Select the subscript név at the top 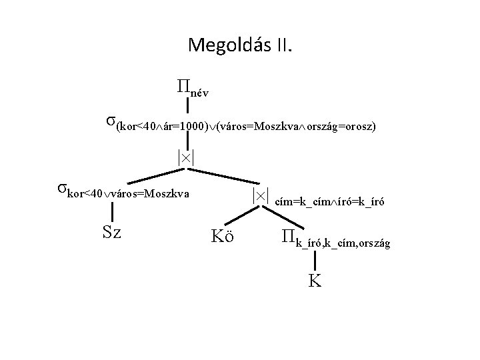point(199,93)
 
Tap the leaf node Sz point(111,233)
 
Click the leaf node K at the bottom point(315,280)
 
